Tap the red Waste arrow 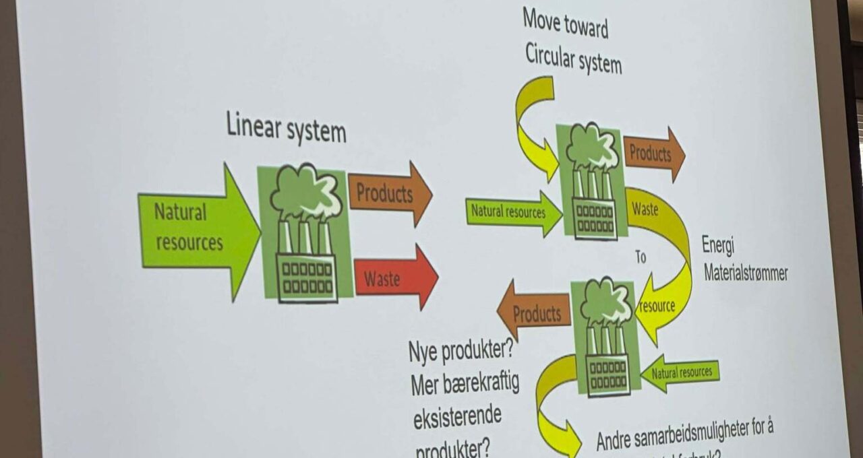coord(394,277)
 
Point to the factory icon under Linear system coord(305,232)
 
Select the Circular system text coord(573,59)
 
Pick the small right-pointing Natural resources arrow coord(512,212)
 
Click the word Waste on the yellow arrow coord(645,209)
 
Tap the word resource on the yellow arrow coord(657,306)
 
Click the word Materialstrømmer coord(746,273)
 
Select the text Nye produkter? coord(460,351)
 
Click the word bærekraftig coord(481,384)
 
